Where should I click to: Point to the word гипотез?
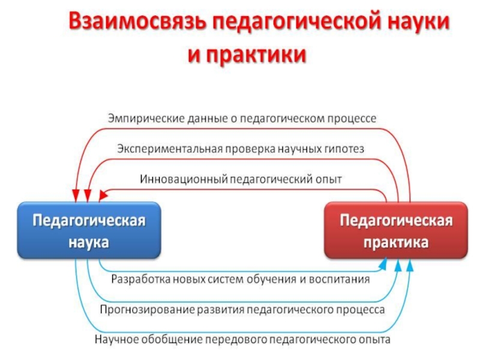345,148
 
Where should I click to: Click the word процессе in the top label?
352,119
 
